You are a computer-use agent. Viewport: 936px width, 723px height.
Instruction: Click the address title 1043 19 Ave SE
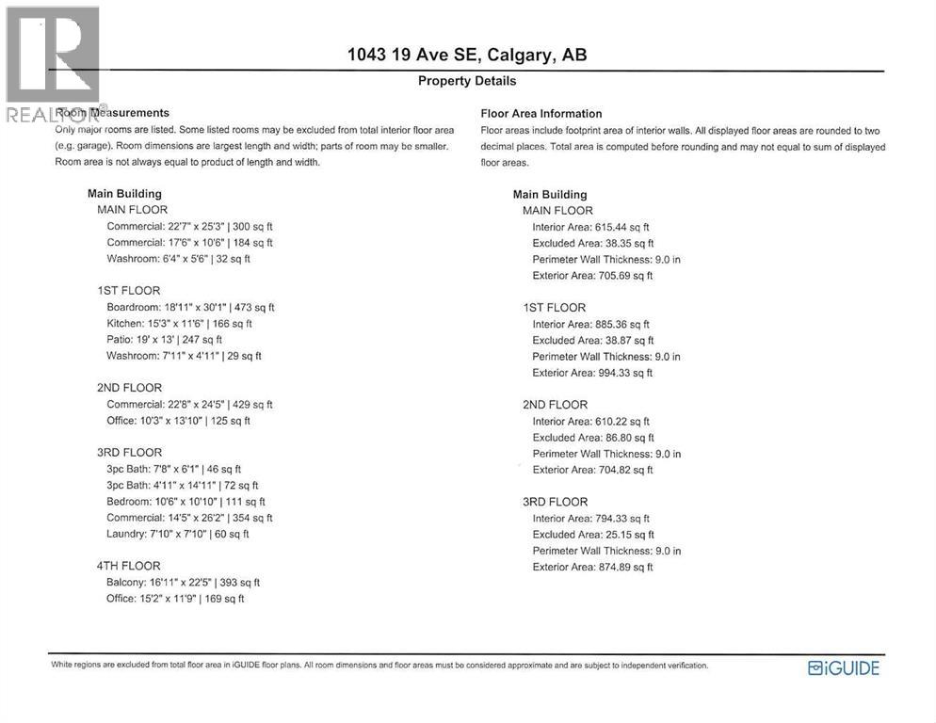[467, 55]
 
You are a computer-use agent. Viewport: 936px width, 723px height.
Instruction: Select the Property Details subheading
[467, 81]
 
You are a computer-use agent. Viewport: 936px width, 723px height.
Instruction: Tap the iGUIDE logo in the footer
[844, 668]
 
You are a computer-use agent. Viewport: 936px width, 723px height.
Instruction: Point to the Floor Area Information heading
[541, 114]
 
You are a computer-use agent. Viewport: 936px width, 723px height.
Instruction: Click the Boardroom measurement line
[190, 307]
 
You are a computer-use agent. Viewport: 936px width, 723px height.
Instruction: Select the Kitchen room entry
[179, 323]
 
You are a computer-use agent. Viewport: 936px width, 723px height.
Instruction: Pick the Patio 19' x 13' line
[164, 339]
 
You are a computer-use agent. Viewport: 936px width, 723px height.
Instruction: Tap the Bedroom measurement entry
[186, 502]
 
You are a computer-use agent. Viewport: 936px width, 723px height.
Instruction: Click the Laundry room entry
[177, 534]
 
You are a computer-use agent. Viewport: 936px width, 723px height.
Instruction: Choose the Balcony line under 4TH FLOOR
[183, 583]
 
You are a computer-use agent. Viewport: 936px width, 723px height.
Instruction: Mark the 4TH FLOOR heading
[129, 566]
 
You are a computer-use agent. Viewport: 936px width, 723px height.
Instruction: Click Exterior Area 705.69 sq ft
[592, 276]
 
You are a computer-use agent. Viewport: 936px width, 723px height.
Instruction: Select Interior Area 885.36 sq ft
[590, 324]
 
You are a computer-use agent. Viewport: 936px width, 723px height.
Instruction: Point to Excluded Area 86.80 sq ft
[592, 438]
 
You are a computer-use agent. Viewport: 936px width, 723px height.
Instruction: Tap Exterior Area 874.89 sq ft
[592, 567]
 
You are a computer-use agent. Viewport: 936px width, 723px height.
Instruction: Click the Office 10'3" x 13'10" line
[178, 421]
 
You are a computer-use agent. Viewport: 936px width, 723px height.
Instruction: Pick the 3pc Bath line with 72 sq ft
[182, 485]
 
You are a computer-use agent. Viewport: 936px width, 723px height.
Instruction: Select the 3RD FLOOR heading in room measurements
[129, 453]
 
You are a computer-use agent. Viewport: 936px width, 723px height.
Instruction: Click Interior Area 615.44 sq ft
[590, 227]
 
